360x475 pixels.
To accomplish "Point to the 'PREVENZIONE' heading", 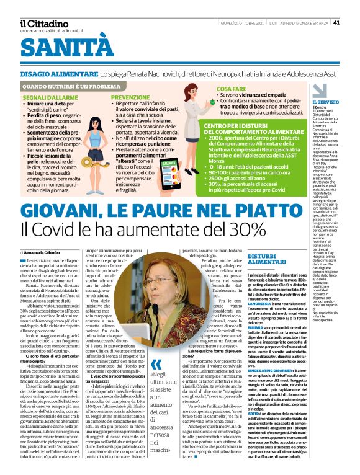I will tap(130, 97).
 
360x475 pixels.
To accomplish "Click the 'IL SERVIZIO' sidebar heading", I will tap(325, 101).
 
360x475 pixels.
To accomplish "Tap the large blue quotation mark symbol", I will tap(158, 364).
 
